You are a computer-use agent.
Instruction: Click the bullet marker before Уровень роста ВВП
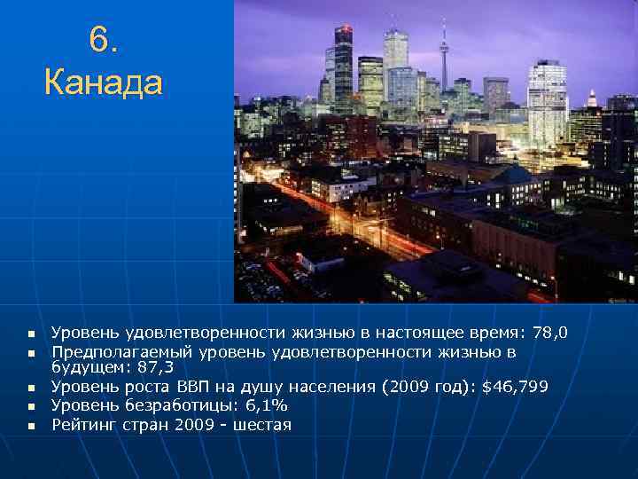(29, 388)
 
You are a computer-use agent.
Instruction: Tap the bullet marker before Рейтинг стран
(29, 426)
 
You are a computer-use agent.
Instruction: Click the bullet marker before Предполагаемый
(29, 354)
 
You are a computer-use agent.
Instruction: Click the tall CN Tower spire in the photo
(444, 53)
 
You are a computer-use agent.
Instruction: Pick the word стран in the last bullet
(147, 425)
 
